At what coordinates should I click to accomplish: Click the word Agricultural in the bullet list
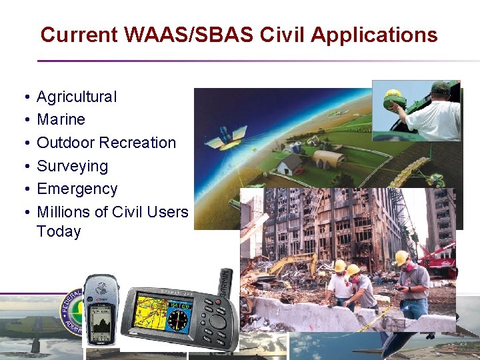(x=77, y=97)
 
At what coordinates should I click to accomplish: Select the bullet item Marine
(x=61, y=119)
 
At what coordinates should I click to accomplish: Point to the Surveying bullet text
(x=72, y=166)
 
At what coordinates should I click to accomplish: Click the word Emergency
(x=77, y=189)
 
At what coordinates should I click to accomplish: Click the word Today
(x=59, y=232)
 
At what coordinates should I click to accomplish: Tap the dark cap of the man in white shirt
(x=440, y=87)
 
